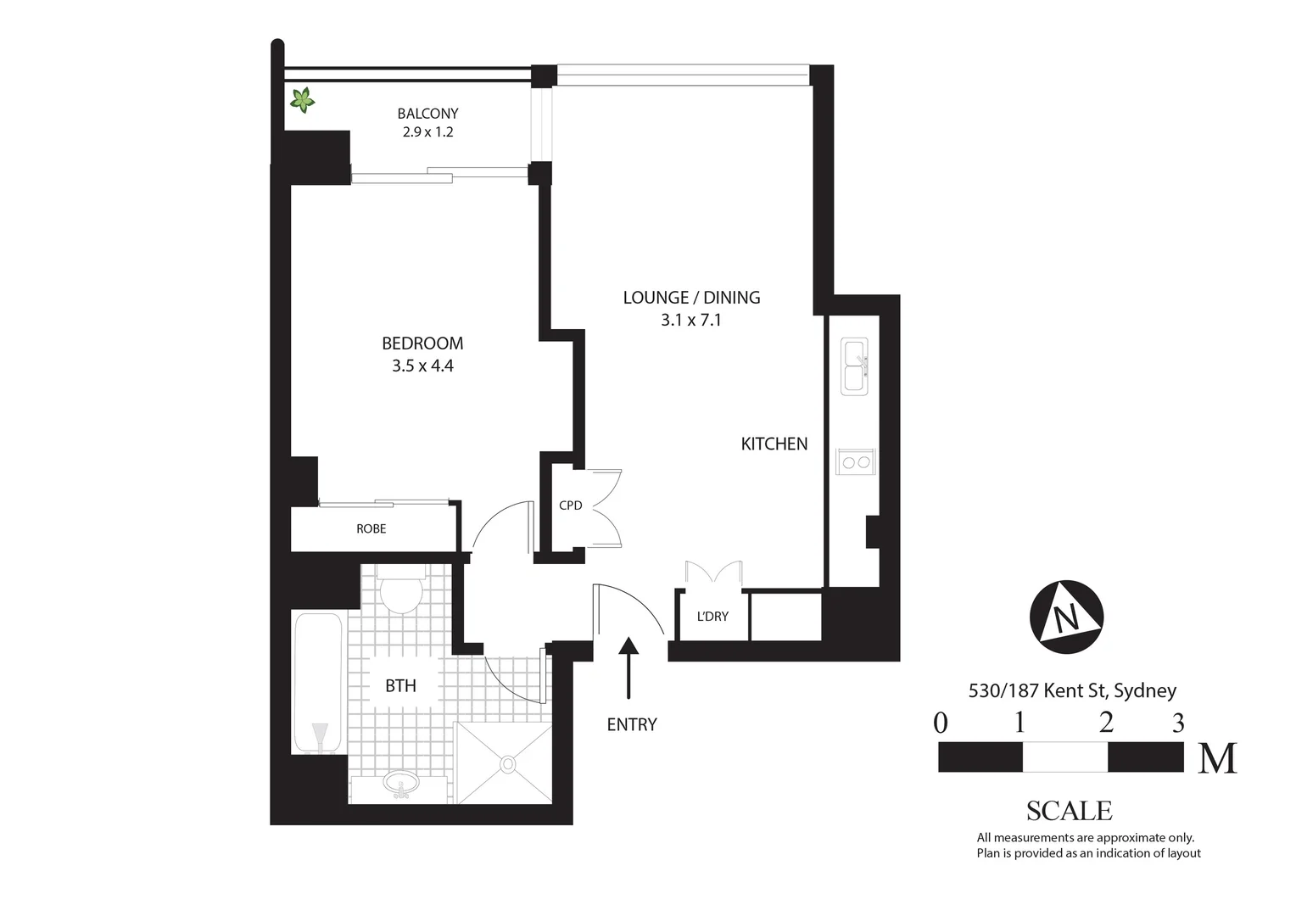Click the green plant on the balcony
[302, 100]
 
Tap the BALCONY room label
[427, 114]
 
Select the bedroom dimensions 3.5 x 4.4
[422, 366]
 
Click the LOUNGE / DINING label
[691, 298]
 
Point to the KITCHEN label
[774, 444]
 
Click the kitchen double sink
[853, 366]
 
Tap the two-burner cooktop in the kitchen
[853, 462]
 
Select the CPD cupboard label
[570, 505]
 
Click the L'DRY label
[712, 617]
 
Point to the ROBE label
[371, 529]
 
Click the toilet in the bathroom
[400, 592]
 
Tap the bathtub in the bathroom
[318, 682]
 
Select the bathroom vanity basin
[400, 784]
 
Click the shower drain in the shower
[507, 764]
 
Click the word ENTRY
[632, 724]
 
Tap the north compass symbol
[1066, 617]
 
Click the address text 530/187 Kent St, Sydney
[1072, 690]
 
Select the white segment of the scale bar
[1064, 757]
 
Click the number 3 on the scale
[1177, 723]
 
